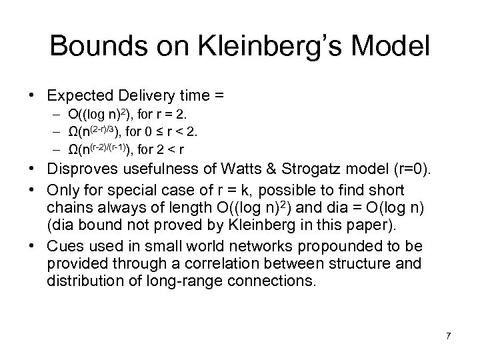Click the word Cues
[x=64, y=247]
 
